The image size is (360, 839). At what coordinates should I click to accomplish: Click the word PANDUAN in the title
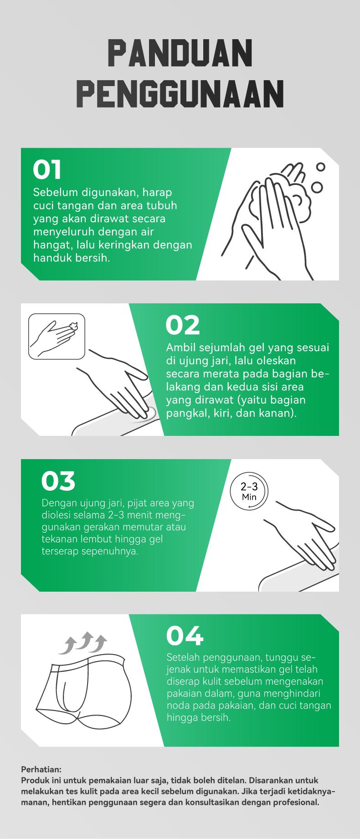coord(180,54)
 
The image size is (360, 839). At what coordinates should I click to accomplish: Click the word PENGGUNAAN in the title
coord(180,94)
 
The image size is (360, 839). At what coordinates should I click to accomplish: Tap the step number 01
coord(47,169)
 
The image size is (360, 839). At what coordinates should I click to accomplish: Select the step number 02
coord(182,325)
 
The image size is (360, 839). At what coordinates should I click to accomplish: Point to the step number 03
coord(58,481)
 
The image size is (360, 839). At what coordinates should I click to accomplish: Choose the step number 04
coord(184,636)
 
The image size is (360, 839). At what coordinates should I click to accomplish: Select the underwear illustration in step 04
coord(91,697)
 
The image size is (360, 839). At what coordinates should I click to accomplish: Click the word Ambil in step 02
coord(180,348)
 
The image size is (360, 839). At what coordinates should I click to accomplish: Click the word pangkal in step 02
coord(184,414)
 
